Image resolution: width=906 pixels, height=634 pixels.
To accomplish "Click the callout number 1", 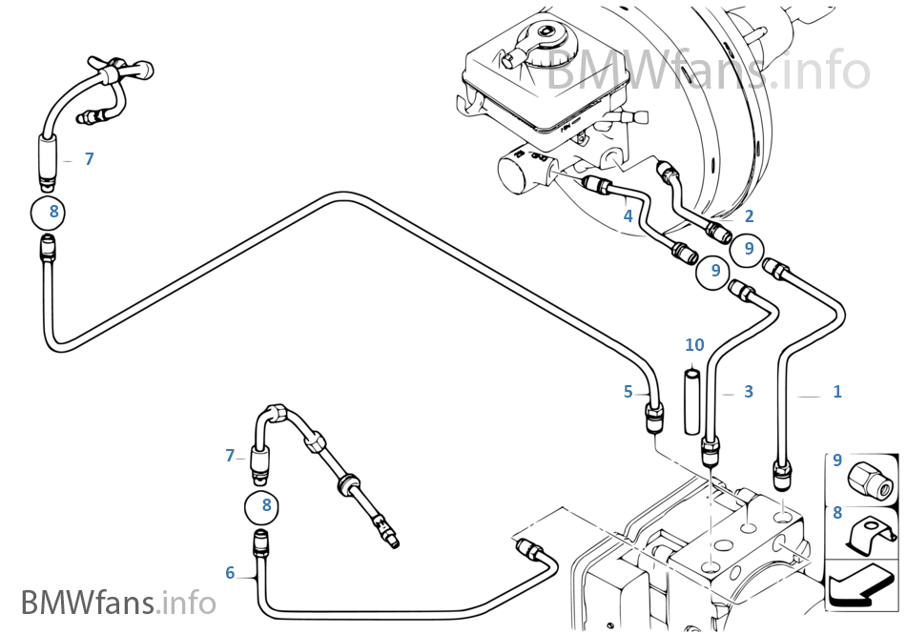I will tap(837, 392).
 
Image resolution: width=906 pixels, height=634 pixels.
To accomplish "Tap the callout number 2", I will tap(750, 216).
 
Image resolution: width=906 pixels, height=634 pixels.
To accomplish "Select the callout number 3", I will tap(749, 392).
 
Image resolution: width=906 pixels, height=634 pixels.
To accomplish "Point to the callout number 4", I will tap(628, 216).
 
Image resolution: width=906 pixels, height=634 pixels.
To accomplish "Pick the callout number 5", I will tap(628, 391).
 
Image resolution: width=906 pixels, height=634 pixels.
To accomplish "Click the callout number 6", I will tap(230, 573).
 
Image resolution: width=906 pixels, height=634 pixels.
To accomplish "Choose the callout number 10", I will tap(694, 344).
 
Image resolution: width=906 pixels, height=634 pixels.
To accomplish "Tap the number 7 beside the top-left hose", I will tap(89, 159).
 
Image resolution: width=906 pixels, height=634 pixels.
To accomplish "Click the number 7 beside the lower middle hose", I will tap(230, 457).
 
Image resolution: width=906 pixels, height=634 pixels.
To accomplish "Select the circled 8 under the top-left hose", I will tap(54, 212).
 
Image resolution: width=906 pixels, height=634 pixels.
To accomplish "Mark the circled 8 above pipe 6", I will tap(266, 505).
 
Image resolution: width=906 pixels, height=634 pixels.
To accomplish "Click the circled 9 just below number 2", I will tap(749, 249).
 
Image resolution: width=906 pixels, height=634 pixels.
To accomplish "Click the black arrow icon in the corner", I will tap(861, 583).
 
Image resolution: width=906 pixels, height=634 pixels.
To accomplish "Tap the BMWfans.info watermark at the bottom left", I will tap(118, 603).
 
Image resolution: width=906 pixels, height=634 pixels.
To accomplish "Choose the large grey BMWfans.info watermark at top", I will tap(707, 72).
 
